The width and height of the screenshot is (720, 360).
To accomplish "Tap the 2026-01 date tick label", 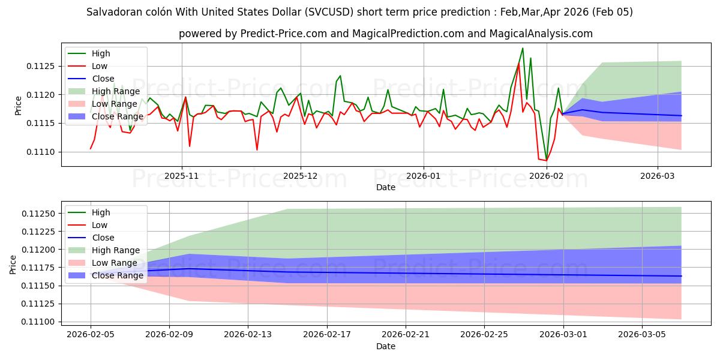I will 424,176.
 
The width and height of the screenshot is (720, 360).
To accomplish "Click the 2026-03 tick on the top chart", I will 658,176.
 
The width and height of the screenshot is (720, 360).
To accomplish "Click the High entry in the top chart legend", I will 101,54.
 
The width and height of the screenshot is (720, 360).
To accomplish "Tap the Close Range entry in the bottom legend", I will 117,275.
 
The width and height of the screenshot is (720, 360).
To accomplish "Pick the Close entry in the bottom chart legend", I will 103,238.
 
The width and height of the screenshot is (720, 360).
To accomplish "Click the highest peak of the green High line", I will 523,48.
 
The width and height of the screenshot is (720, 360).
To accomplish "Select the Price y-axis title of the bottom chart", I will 13,264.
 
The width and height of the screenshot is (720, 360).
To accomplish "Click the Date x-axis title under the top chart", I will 385,187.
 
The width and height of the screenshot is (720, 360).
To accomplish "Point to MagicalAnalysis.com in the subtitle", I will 541,34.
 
